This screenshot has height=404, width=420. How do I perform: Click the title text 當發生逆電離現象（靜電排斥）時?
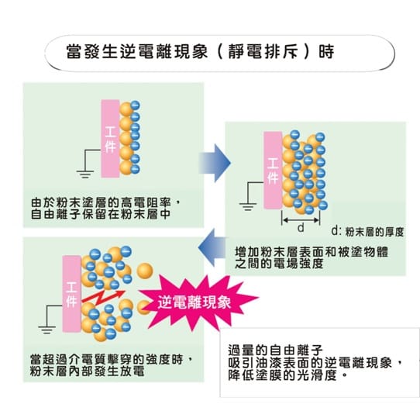[x=201, y=51]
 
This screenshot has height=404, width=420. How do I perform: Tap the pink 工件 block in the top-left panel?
[x=110, y=139]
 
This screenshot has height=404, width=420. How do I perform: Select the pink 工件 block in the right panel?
[x=273, y=171]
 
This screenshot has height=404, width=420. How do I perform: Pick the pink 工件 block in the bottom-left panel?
[x=71, y=294]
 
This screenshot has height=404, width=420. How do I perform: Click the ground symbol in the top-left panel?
[x=85, y=174]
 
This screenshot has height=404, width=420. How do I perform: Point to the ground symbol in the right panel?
[x=248, y=207]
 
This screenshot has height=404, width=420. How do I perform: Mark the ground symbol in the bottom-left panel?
[x=46, y=330]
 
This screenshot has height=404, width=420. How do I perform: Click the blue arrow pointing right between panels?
[x=215, y=163]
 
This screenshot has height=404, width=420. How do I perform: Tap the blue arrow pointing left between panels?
[x=212, y=247]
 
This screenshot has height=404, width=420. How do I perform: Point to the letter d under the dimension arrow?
[x=301, y=228]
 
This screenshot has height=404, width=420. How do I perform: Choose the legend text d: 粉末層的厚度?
[x=367, y=232]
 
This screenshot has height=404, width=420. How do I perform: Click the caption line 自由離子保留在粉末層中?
[x=101, y=214]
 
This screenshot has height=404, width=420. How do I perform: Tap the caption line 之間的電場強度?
[x=279, y=264]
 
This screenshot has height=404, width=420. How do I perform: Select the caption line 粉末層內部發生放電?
[x=88, y=371]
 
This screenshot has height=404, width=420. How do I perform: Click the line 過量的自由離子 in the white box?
[x=275, y=350]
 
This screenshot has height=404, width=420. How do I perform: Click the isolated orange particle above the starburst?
[x=145, y=271]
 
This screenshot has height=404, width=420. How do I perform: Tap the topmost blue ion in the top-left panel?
[x=136, y=105]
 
